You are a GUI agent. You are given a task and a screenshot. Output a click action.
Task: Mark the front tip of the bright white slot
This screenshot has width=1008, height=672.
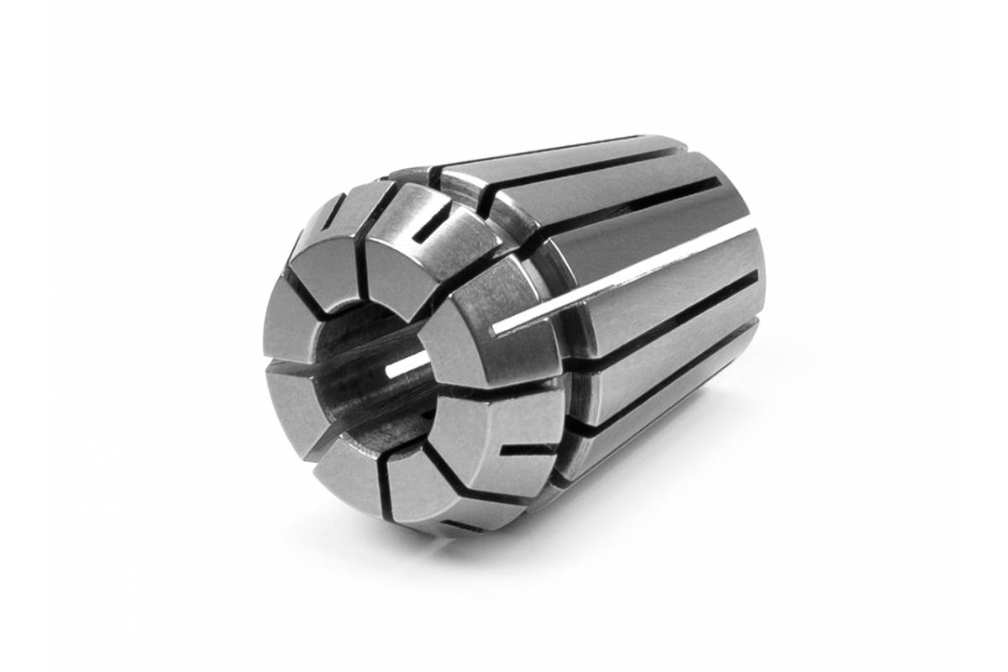tap(497, 326)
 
